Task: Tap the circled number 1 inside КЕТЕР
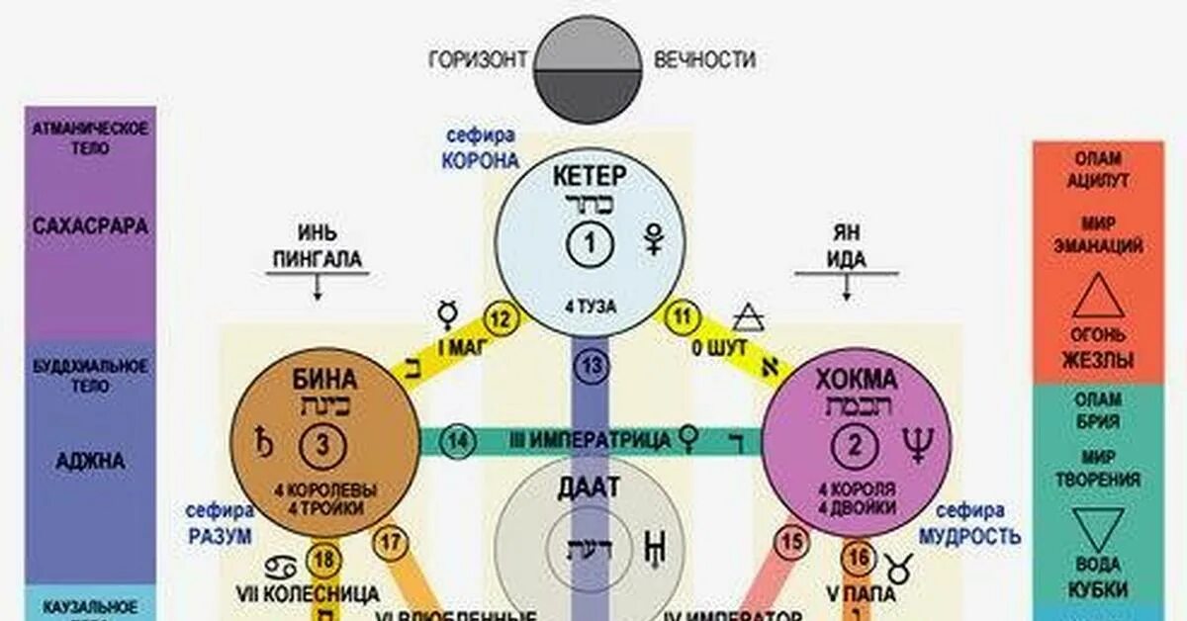point(590,243)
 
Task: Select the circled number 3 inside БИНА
point(320,447)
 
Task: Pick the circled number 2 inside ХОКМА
point(856,447)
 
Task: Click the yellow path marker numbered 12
point(502,318)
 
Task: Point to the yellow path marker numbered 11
point(681,318)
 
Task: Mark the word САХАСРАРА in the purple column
point(90,226)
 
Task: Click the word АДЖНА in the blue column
point(90,460)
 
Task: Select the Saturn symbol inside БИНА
point(264,441)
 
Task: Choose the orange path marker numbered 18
point(321,560)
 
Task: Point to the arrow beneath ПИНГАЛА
point(319,288)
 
